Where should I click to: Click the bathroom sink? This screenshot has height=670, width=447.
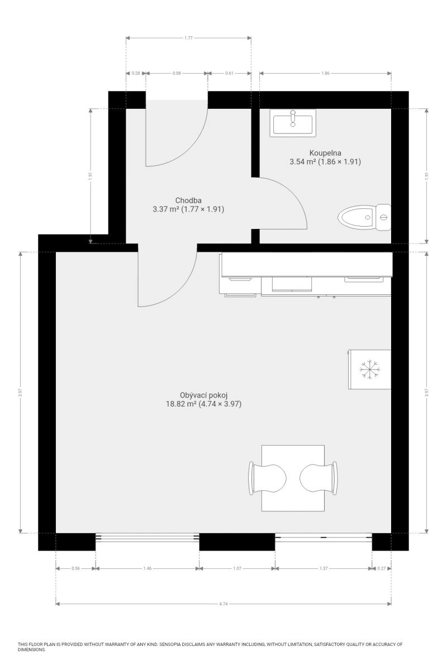293,123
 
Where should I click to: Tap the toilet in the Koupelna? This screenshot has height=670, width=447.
364,217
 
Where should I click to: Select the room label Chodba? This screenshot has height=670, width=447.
188,200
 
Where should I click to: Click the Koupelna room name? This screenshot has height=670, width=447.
325,153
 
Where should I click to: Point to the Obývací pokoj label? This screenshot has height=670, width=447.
203,395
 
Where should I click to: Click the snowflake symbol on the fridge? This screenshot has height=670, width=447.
370,370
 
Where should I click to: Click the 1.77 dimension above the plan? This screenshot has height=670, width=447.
188,38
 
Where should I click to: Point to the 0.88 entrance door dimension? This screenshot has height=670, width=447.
177,73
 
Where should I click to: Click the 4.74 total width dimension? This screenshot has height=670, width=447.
223,604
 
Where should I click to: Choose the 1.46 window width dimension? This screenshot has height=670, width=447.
148,568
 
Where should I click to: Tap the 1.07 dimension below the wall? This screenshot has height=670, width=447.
237,568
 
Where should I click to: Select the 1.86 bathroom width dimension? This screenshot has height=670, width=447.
325,73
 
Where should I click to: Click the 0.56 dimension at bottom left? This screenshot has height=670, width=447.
76,568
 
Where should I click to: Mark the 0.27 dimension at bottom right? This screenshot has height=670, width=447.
382,568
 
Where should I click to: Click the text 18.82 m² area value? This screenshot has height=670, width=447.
181,404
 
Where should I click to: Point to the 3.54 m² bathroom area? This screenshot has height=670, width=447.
303,162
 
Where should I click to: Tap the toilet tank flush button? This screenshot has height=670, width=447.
383,217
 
